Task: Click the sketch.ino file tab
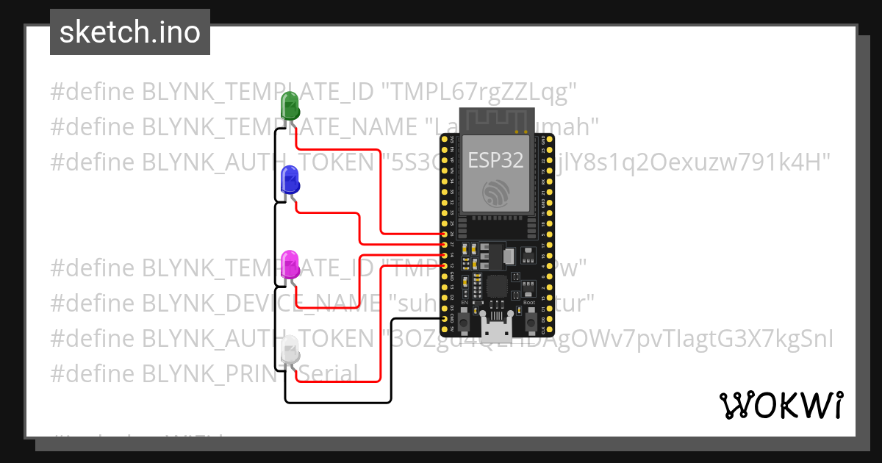click(130, 32)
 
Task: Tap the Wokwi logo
click(781, 405)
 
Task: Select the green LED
click(290, 106)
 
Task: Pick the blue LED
click(289, 180)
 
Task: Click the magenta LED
click(290, 265)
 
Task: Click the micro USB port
click(501, 329)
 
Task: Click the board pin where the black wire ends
click(444, 319)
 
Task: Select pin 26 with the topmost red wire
click(444, 234)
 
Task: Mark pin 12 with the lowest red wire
click(444, 265)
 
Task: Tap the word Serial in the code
click(328, 373)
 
